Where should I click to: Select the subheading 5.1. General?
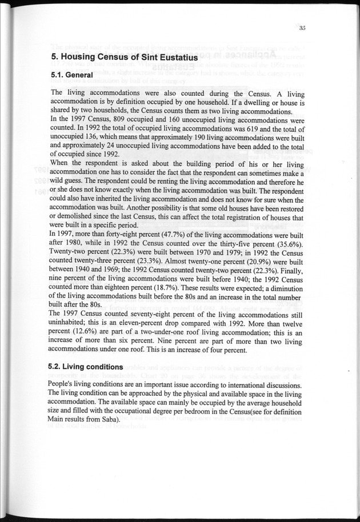pyautogui.click(x=72, y=75)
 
